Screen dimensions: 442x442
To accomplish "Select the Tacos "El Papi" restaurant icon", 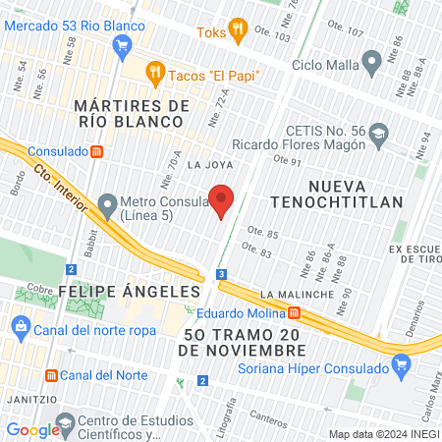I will [155, 72].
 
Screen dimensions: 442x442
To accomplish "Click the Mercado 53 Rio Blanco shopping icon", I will [122, 44].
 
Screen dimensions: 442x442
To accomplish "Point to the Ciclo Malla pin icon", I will [371, 65].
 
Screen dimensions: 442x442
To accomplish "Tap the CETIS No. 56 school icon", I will [379, 133].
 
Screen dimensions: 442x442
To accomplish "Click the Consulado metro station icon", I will [96, 151].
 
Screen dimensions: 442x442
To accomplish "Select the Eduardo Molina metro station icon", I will [295, 312].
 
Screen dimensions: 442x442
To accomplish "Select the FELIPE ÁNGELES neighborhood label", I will [129, 292].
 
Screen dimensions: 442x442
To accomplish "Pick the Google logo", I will [33, 429].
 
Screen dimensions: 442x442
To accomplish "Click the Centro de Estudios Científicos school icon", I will [66, 426].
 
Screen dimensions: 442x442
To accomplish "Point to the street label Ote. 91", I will [287, 162].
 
